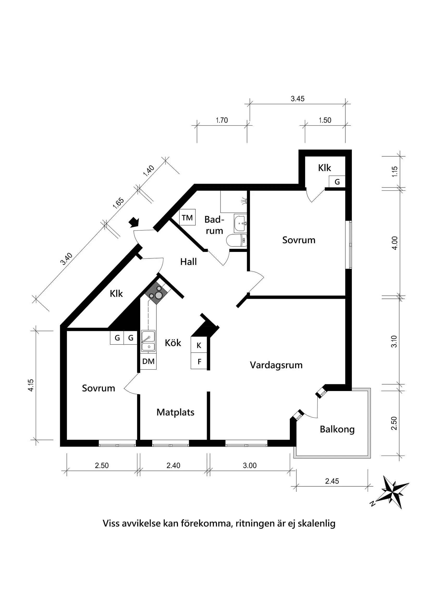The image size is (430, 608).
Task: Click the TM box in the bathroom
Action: [x=187, y=218]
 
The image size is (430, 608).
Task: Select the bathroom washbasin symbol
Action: [x=240, y=223]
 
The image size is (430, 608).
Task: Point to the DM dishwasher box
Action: [x=148, y=361]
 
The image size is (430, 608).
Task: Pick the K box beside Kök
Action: [x=199, y=345]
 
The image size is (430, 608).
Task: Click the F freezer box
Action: [x=200, y=361]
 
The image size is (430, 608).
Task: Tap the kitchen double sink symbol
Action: [x=148, y=341]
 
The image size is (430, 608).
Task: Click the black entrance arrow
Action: [x=134, y=222]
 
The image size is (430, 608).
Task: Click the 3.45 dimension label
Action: [x=298, y=99]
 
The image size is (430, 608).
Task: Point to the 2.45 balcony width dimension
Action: [x=332, y=481]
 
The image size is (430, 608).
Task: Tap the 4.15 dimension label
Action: [x=31, y=385]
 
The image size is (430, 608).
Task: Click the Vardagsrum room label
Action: [x=276, y=365]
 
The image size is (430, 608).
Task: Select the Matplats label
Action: [x=175, y=412]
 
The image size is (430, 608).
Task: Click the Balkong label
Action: [x=337, y=429]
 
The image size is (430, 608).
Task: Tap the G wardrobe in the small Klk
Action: [x=337, y=182]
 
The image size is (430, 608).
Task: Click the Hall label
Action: [x=188, y=262]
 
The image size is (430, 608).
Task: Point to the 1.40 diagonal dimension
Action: [x=149, y=171]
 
